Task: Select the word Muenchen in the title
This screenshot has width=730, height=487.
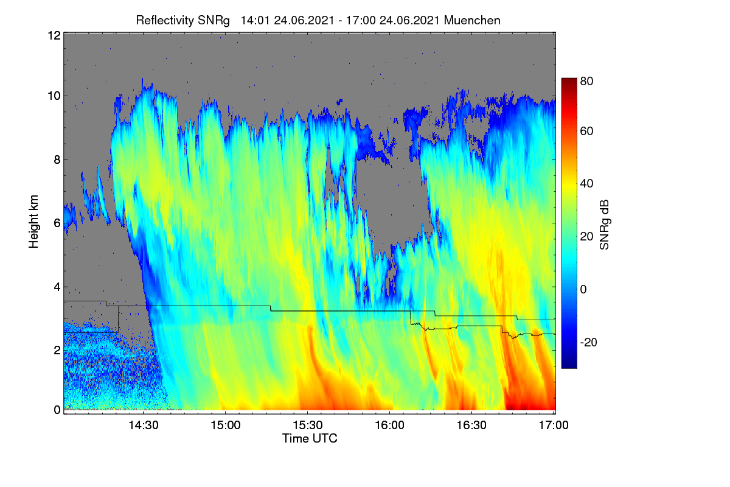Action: point(472,20)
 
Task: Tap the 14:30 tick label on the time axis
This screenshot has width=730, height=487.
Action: point(144,425)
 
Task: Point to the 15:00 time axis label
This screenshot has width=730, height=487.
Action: point(226,425)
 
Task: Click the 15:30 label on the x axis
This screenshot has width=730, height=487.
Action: point(308,425)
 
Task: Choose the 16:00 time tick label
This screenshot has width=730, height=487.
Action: point(389,425)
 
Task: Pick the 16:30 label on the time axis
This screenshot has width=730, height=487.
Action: point(471,425)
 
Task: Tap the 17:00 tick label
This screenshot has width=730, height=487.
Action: point(554,425)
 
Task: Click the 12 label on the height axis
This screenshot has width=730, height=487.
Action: point(54,35)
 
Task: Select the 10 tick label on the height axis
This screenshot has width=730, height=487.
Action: point(54,96)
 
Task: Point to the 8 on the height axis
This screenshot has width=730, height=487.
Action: point(57,160)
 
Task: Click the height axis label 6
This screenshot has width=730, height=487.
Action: point(57,223)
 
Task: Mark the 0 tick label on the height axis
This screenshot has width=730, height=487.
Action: point(57,410)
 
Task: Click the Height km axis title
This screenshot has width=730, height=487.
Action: point(33,222)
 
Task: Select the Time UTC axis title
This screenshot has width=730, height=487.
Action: point(310,438)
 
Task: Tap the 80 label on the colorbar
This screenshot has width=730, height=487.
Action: point(586,81)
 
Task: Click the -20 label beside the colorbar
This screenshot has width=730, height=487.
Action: point(589,342)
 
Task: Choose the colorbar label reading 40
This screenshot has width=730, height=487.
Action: point(586,184)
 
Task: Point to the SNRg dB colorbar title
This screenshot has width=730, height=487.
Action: point(604,225)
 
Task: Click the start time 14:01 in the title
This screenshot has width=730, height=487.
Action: point(255,20)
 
